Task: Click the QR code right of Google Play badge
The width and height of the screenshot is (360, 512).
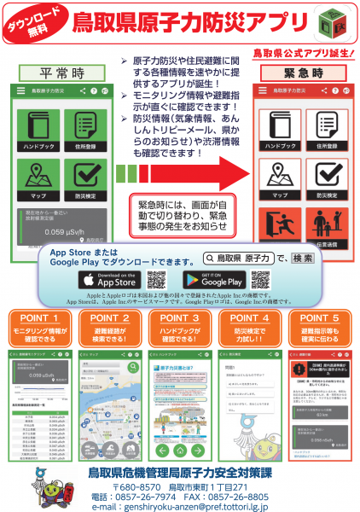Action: coord(259,279)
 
